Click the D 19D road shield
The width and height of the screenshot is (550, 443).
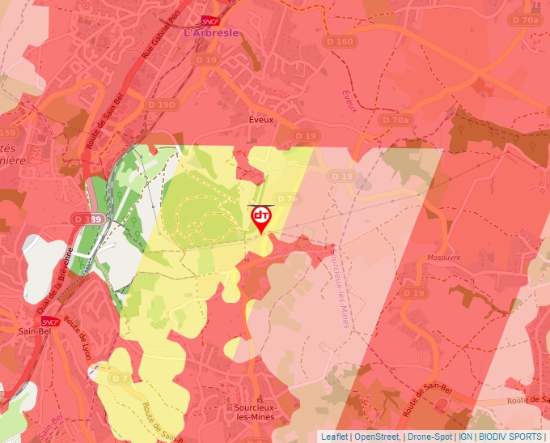tap(162, 104)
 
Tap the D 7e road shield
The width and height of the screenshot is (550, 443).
tap(286, 198)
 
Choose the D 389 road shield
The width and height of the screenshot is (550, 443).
tap(87, 219)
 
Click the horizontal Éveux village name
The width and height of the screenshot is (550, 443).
tap(261, 119)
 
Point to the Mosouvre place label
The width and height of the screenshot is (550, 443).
tap(442, 258)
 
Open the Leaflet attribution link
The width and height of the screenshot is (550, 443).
tap(335, 437)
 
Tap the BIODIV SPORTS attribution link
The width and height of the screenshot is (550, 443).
tap(510, 437)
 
